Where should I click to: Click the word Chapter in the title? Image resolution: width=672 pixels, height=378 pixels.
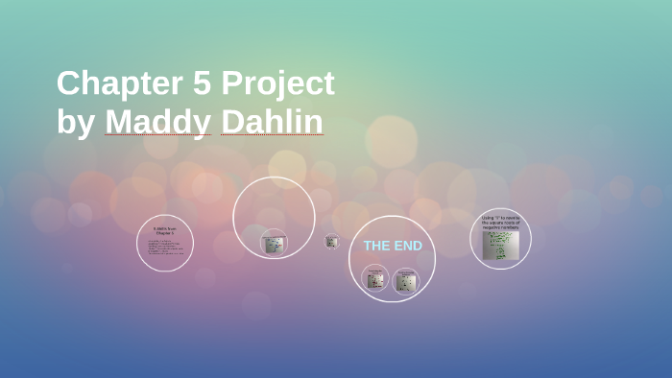click(x=116, y=83)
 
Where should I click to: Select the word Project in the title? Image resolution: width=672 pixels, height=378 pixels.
click(x=278, y=85)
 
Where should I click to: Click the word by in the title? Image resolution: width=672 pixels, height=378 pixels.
click(x=75, y=124)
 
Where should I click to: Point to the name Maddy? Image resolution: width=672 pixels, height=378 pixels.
click(x=157, y=123)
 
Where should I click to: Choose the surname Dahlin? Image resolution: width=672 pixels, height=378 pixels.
click(x=272, y=123)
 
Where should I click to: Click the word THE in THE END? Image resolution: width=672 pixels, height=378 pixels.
click(x=377, y=246)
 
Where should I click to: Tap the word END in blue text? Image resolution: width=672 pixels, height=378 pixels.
click(x=407, y=246)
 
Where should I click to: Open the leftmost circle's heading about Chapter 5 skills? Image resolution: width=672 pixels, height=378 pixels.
click(x=165, y=230)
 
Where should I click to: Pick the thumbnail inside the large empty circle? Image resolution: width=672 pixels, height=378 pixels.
click(x=274, y=244)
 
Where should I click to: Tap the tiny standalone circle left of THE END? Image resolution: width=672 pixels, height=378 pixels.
click(x=331, y=241)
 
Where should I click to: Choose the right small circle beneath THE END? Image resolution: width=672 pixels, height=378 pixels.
click(x=406, y=280)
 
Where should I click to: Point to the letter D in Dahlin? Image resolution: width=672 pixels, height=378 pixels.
click(x=230, y=123)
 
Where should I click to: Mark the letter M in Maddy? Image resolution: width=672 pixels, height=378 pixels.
click(x=118, y=123)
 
